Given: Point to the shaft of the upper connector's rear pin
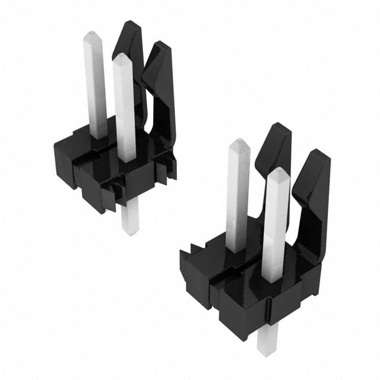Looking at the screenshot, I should tap(95, 89).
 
